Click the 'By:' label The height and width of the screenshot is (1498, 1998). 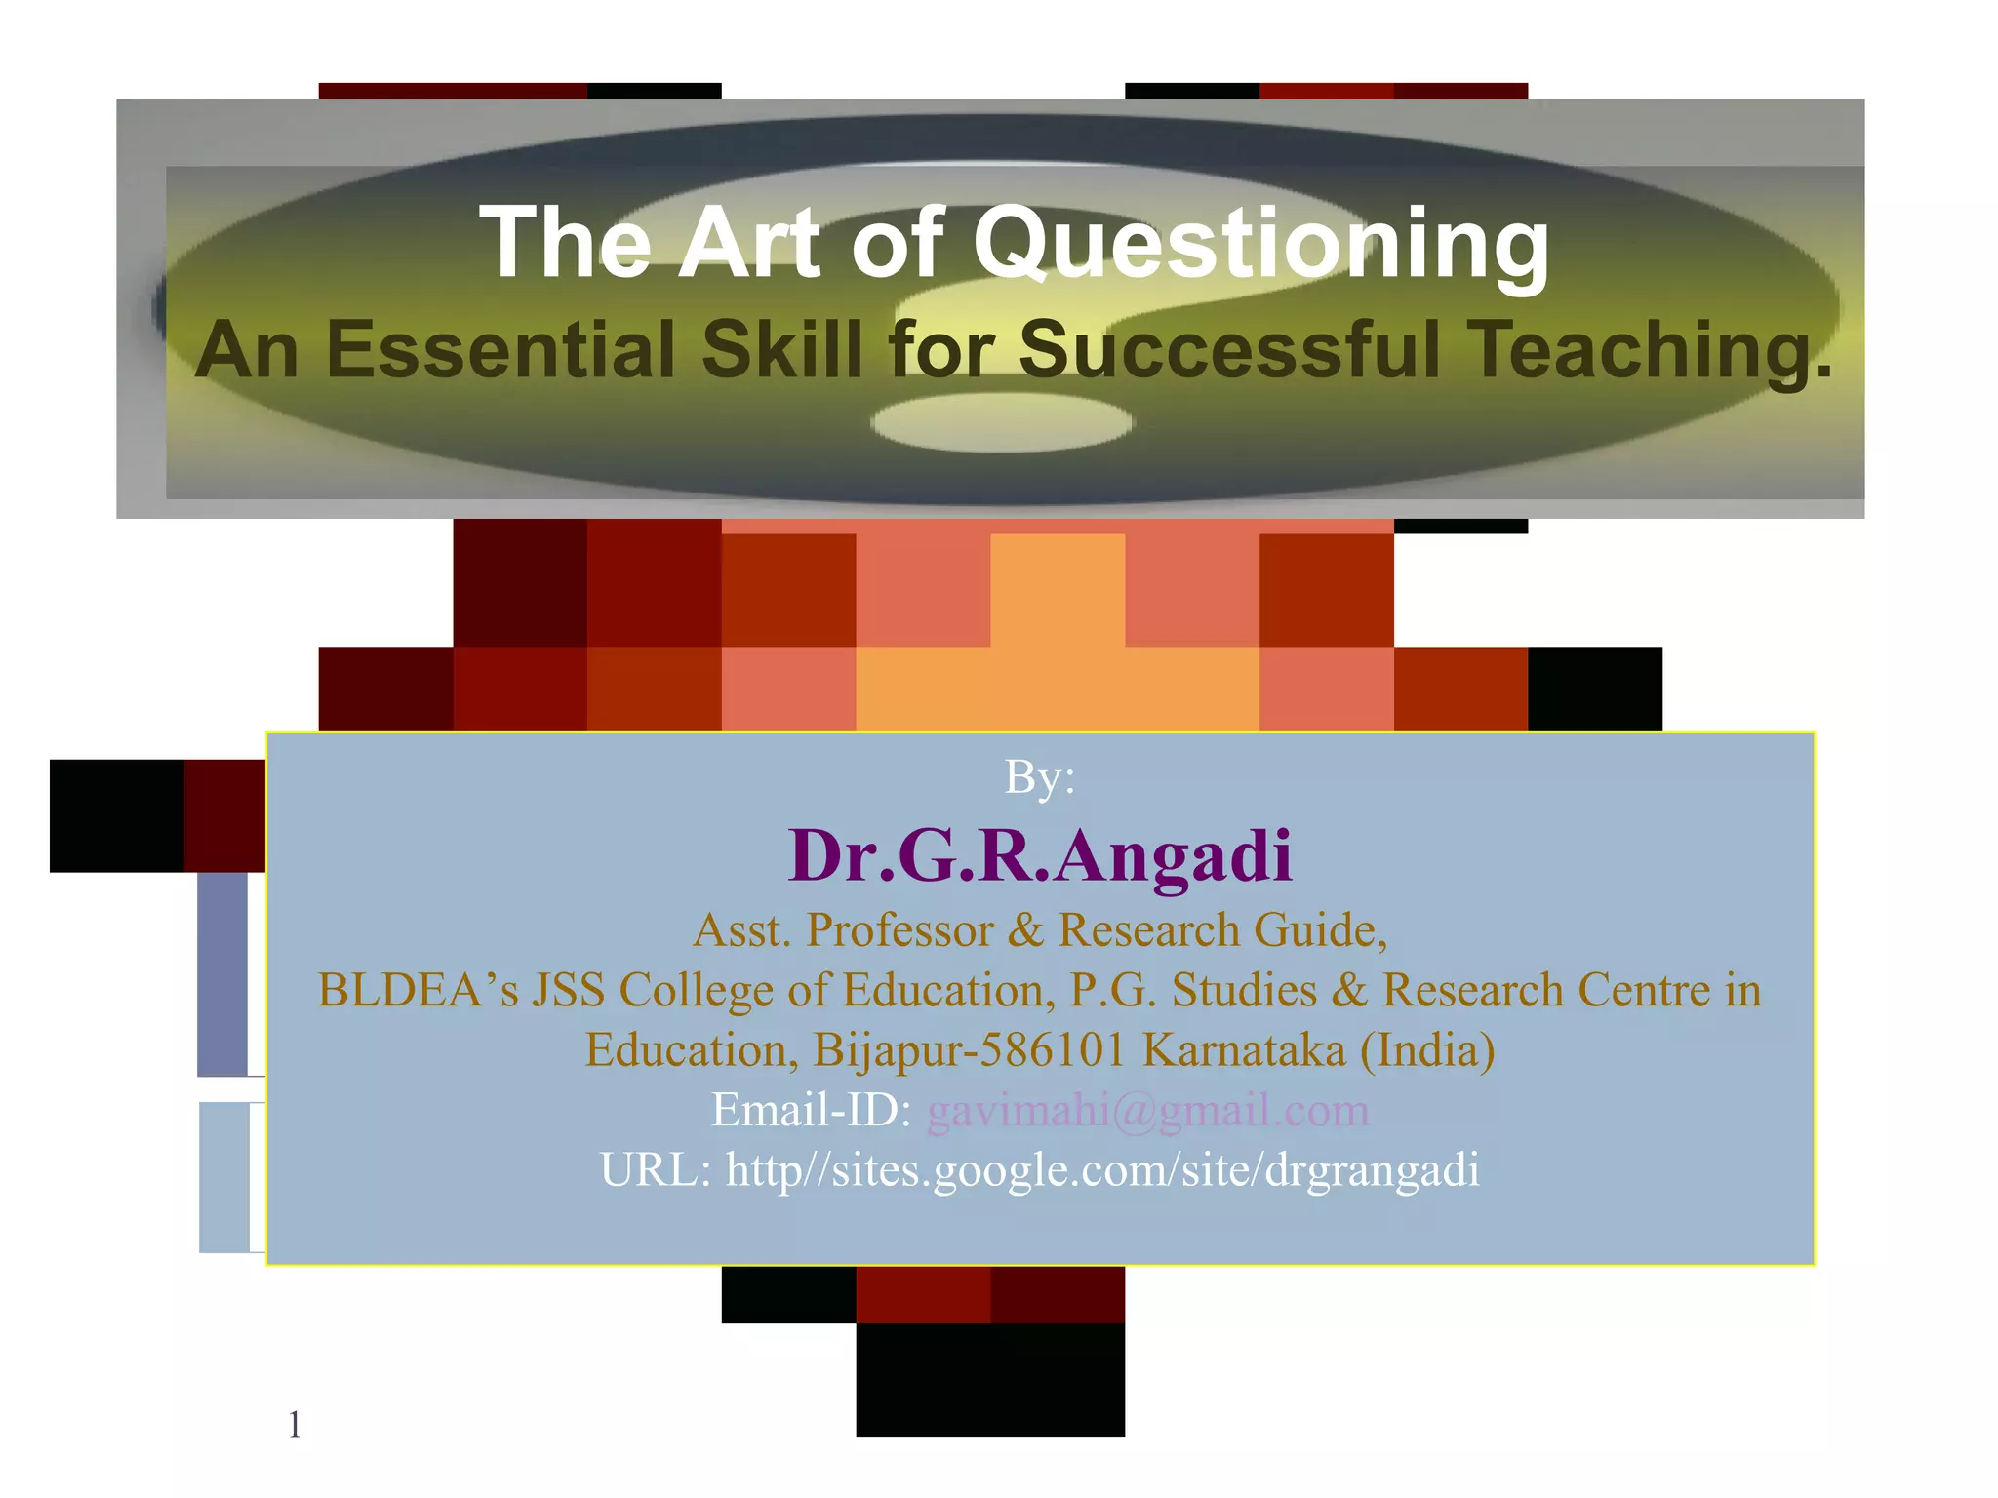[x=1039, y=778]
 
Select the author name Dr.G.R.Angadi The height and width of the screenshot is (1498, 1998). [x=1040, y=856]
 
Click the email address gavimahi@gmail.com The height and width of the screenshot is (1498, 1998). [x=1147, y=1111]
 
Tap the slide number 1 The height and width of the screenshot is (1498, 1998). [x=295, y=1426]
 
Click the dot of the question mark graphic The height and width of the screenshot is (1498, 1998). [x=1002, y=422]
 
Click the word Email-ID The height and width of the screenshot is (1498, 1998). [x=811, y=1111]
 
